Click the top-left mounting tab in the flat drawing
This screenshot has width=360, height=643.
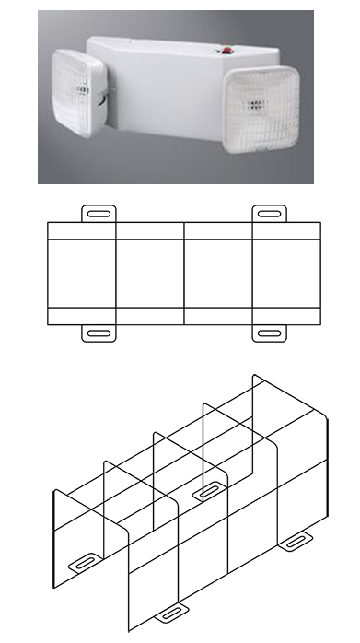[x=99, y=214]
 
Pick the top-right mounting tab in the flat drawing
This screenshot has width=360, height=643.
[x=268, y=214]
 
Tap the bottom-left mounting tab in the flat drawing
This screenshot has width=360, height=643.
[x=99, y=333]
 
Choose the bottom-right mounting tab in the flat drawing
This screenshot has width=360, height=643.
[x=268, y=333]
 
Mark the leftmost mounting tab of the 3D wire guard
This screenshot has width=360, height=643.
[x=86, y=560]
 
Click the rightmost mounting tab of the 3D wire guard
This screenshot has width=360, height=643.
[x=296, y=541]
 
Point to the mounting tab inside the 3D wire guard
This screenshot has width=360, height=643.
[x=210, y=491]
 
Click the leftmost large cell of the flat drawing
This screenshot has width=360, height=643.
[x=81, y=273]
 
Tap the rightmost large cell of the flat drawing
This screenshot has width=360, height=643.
[x=287, y=273]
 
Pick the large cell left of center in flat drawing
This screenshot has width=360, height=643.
[x=150, y=273]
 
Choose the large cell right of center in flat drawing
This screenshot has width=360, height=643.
[x=218, y=273]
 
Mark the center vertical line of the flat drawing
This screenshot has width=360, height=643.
[x=184, y=273]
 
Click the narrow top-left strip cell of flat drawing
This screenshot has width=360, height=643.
[x=81, y=230]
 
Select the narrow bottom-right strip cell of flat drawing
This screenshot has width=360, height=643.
[x=287, y=315]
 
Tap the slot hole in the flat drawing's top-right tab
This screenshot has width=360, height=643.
[x=268, y=213]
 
